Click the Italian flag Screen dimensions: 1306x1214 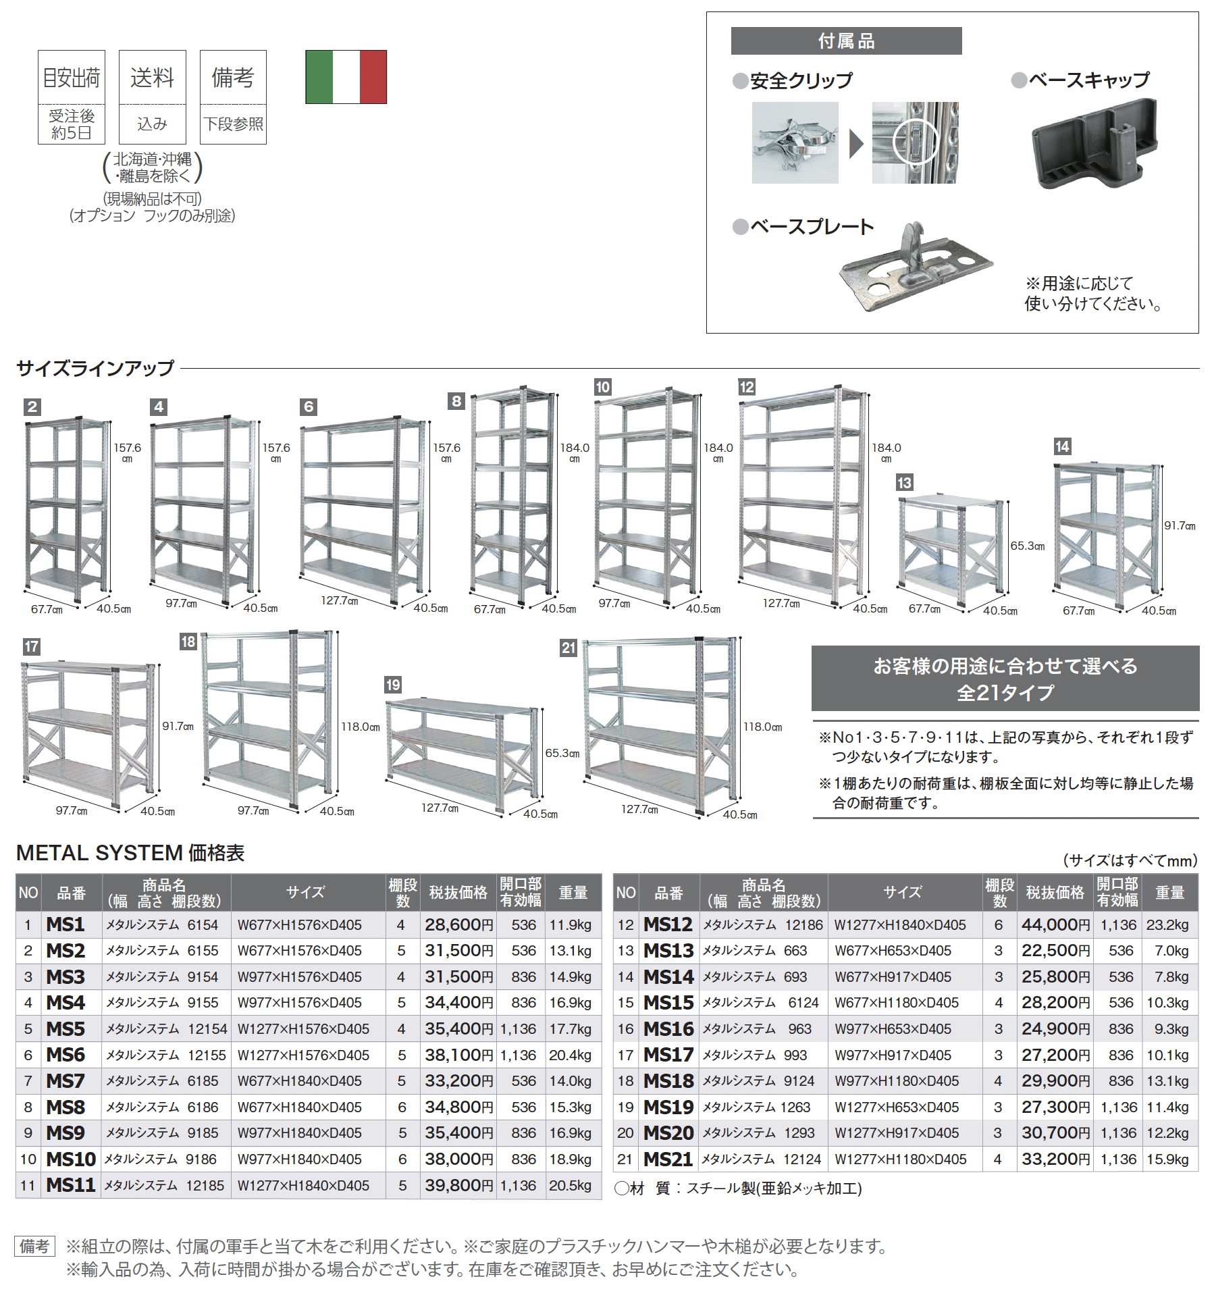[x=346, y=77]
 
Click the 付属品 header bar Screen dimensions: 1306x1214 [x=846, y=41]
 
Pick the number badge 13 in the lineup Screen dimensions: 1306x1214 [x=904, y=483]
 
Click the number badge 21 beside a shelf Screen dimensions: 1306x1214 [x=569, y=648]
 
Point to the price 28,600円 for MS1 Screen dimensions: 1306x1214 [x=458, y=924]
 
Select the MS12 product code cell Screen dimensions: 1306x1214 [x=668, y=924]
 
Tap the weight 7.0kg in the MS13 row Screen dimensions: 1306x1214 [x=1171, y=951]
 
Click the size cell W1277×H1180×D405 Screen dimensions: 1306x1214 [x=901, y=1159]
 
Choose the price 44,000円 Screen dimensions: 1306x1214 [x=1055, y=924]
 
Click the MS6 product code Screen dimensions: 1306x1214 [x=65, y=1055]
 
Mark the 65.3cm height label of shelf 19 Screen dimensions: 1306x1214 [x=562, y=753]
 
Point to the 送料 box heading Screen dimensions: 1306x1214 [x=152, y=78]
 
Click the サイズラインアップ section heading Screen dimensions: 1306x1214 [x=95, y=369]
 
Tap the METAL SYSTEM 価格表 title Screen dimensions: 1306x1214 [x=130, y=853]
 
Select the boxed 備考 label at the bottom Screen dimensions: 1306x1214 [x=34, y=1246]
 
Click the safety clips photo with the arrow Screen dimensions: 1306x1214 [x=855, y=143]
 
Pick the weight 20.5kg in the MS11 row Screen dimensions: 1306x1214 [x=571, y=1186]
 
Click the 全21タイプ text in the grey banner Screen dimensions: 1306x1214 [x=1005, y=692]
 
